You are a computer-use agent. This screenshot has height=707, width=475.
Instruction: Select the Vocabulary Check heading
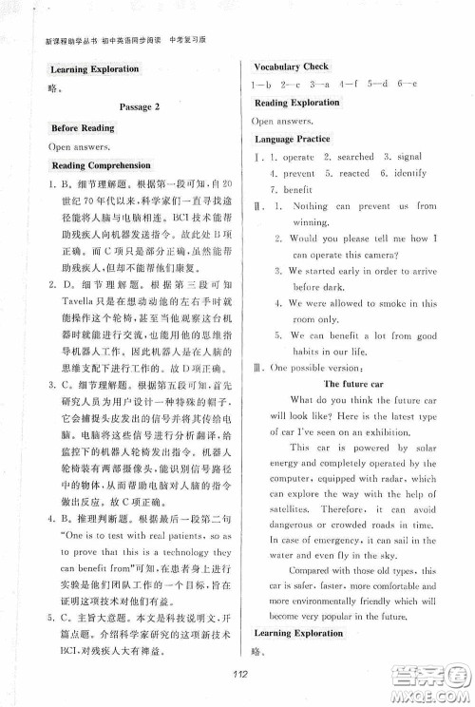pyautogui.click(x=291, y=67)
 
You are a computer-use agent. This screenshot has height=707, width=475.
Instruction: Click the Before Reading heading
pyautogui.click(x=83, y=127)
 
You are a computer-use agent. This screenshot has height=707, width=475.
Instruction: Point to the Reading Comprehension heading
pyautogui.click(x=103, y=165)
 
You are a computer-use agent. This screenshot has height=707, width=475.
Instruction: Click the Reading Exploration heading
pyautogui.click(x=297, y=103)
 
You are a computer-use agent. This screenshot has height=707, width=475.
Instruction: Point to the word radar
pyautogui.click(x=391, y=479)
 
